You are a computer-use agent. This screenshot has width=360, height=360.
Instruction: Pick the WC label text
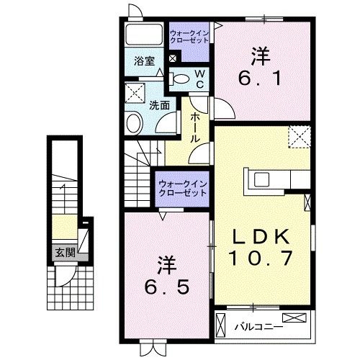point(202,79)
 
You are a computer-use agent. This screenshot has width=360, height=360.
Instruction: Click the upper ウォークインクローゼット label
point(189,36)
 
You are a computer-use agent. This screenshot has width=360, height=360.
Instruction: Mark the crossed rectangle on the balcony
point(296,318)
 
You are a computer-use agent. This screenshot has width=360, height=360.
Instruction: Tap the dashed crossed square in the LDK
point(298,135)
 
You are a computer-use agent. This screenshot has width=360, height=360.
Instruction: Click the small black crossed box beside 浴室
point(172,57)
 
